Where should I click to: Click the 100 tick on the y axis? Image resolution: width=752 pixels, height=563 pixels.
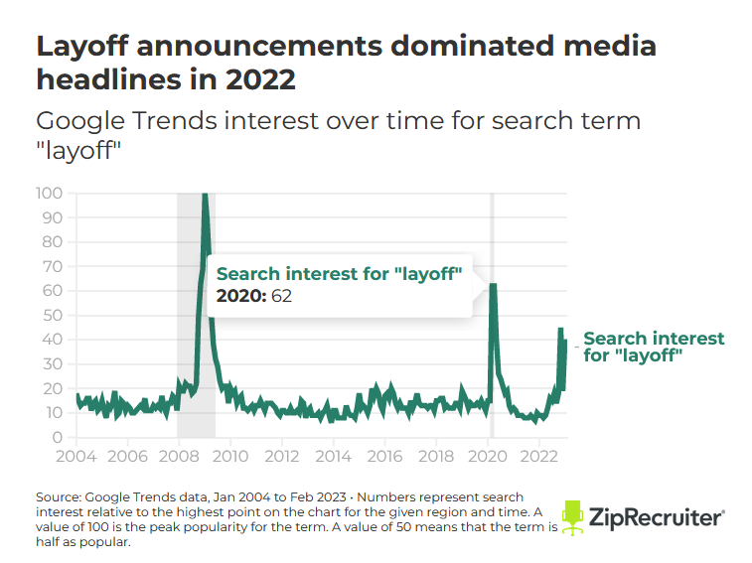pyautogui.click(x=49, y=194)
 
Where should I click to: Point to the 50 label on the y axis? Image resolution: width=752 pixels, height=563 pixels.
pyautogui.click(x=53, y=315)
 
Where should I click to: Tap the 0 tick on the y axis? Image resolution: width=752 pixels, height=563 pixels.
pyautogui.click(x=58, y=437)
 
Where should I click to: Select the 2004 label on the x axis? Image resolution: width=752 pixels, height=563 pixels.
pyautogui.click(x=76, y=456)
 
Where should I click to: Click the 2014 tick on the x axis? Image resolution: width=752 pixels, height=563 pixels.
pyautogui.click(x=334, y=456)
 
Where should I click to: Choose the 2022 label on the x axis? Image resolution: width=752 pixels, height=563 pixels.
pyautogui.click(x=539, y=456)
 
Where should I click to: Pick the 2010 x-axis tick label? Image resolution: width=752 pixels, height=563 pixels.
pyautogui.click(x=230, y=456)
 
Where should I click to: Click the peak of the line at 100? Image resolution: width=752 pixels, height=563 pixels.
pyautogui.click(x=205, y=194)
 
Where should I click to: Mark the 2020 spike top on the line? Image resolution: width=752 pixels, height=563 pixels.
pyautogui.click(x=493, y=284)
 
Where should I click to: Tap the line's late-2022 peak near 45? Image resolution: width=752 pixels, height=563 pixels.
pyautogui.click(x=560, y=329)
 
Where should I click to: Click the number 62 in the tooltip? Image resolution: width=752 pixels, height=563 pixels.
pyautogui.click(x=281, y=296)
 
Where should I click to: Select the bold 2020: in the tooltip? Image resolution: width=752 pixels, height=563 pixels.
pyautogui.click(x=241, y=296)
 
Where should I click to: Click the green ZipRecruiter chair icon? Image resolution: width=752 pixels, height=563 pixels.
pyautogui.click(x=572, y=518)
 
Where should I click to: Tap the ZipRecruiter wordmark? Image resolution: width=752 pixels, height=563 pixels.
pyautogui.click(x=657, y=517)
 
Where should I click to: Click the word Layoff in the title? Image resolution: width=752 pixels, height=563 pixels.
pyautogui.click(x=82, y=47)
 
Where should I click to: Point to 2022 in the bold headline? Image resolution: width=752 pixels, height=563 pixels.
pyautogui.click(x=260, y=79)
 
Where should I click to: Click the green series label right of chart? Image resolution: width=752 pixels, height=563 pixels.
pyautogui.click(x=654, y=347)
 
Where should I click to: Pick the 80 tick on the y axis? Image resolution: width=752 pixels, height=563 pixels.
pyautogui.click(x=53, y=242)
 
